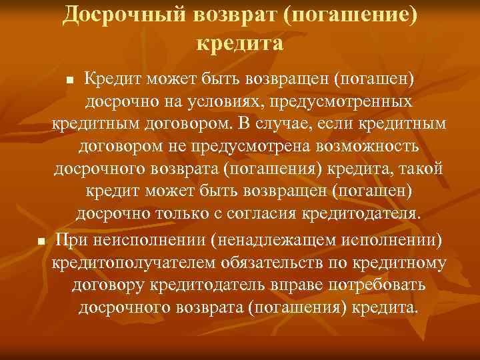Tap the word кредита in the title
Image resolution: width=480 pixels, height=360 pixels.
(x=240, y=43)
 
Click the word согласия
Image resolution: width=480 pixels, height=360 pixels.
(x=279, y=214)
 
